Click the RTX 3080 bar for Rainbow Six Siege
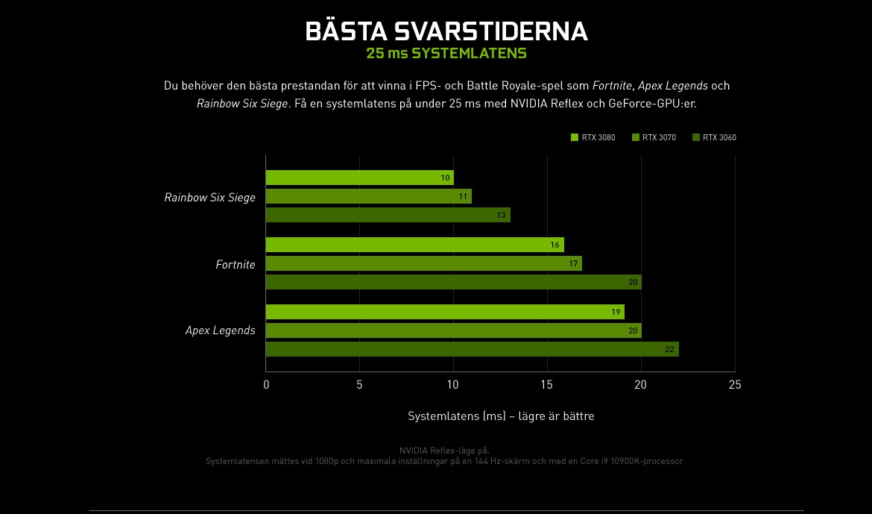[x=359, y=178]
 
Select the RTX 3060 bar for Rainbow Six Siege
[x=388, y=215]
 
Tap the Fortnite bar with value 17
[x=423, y=263]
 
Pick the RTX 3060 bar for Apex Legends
[x=472, y=349]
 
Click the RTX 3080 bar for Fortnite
[x=414, y=245]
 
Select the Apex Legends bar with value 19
[x=445, y=312]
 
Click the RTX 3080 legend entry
[x=593, y=137]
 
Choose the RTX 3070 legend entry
[x=654, y=137]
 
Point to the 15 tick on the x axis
[x=547, y=385]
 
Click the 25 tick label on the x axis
[x=735, y=385]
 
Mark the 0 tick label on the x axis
[x=266, y=385]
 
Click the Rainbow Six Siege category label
[x=209, y=198]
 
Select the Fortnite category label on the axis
[x=235, y=265]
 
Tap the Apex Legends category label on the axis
[x=220, y=330]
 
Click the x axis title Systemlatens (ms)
[x=501, y=416]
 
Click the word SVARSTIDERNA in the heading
[x=490, y=31]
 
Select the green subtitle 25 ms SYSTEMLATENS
[x=446, y=54]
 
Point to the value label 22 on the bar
[x=669, y=349]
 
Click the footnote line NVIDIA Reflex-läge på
[x=444, y=451]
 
